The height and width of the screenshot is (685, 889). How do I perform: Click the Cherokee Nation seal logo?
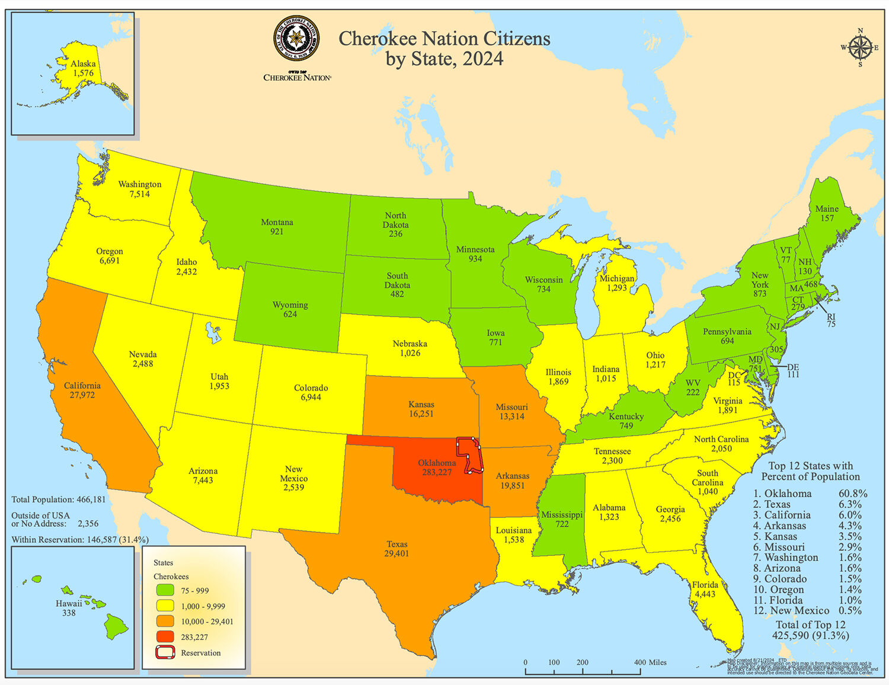click(x=296, y=39)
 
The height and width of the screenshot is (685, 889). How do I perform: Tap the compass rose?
click(x=860, y=48)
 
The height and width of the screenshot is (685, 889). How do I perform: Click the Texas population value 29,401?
click(x=396, y=553)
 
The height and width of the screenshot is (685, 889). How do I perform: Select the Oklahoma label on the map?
click(x=437, y=463)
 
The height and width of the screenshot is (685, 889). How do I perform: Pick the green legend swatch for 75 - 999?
click(x=165, y=590)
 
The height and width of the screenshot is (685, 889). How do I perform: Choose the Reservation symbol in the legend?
click(x=165, y=653)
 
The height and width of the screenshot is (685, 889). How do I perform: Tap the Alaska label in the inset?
click(x=83, y=64)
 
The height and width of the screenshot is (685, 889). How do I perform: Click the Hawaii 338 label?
click(x=69, y=608)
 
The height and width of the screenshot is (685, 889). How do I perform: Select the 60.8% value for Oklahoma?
click(x=853, y=494)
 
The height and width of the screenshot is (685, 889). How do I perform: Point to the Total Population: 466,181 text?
click(x=59, y=500)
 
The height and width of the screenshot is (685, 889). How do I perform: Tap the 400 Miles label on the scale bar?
click(x=650, y=662)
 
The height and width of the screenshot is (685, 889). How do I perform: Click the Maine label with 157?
click(x=827, y=213)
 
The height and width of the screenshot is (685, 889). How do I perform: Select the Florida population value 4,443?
click(x=705, y=594)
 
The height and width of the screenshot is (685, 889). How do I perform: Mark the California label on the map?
click(x=82, y=386)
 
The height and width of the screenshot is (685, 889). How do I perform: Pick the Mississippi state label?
click(x=562, y=515)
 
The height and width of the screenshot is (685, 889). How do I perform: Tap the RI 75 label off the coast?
click(x=832, y=320)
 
